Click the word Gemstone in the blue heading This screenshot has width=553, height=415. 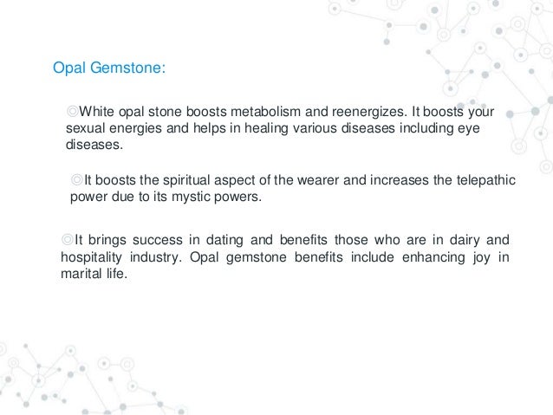pos(124,68)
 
